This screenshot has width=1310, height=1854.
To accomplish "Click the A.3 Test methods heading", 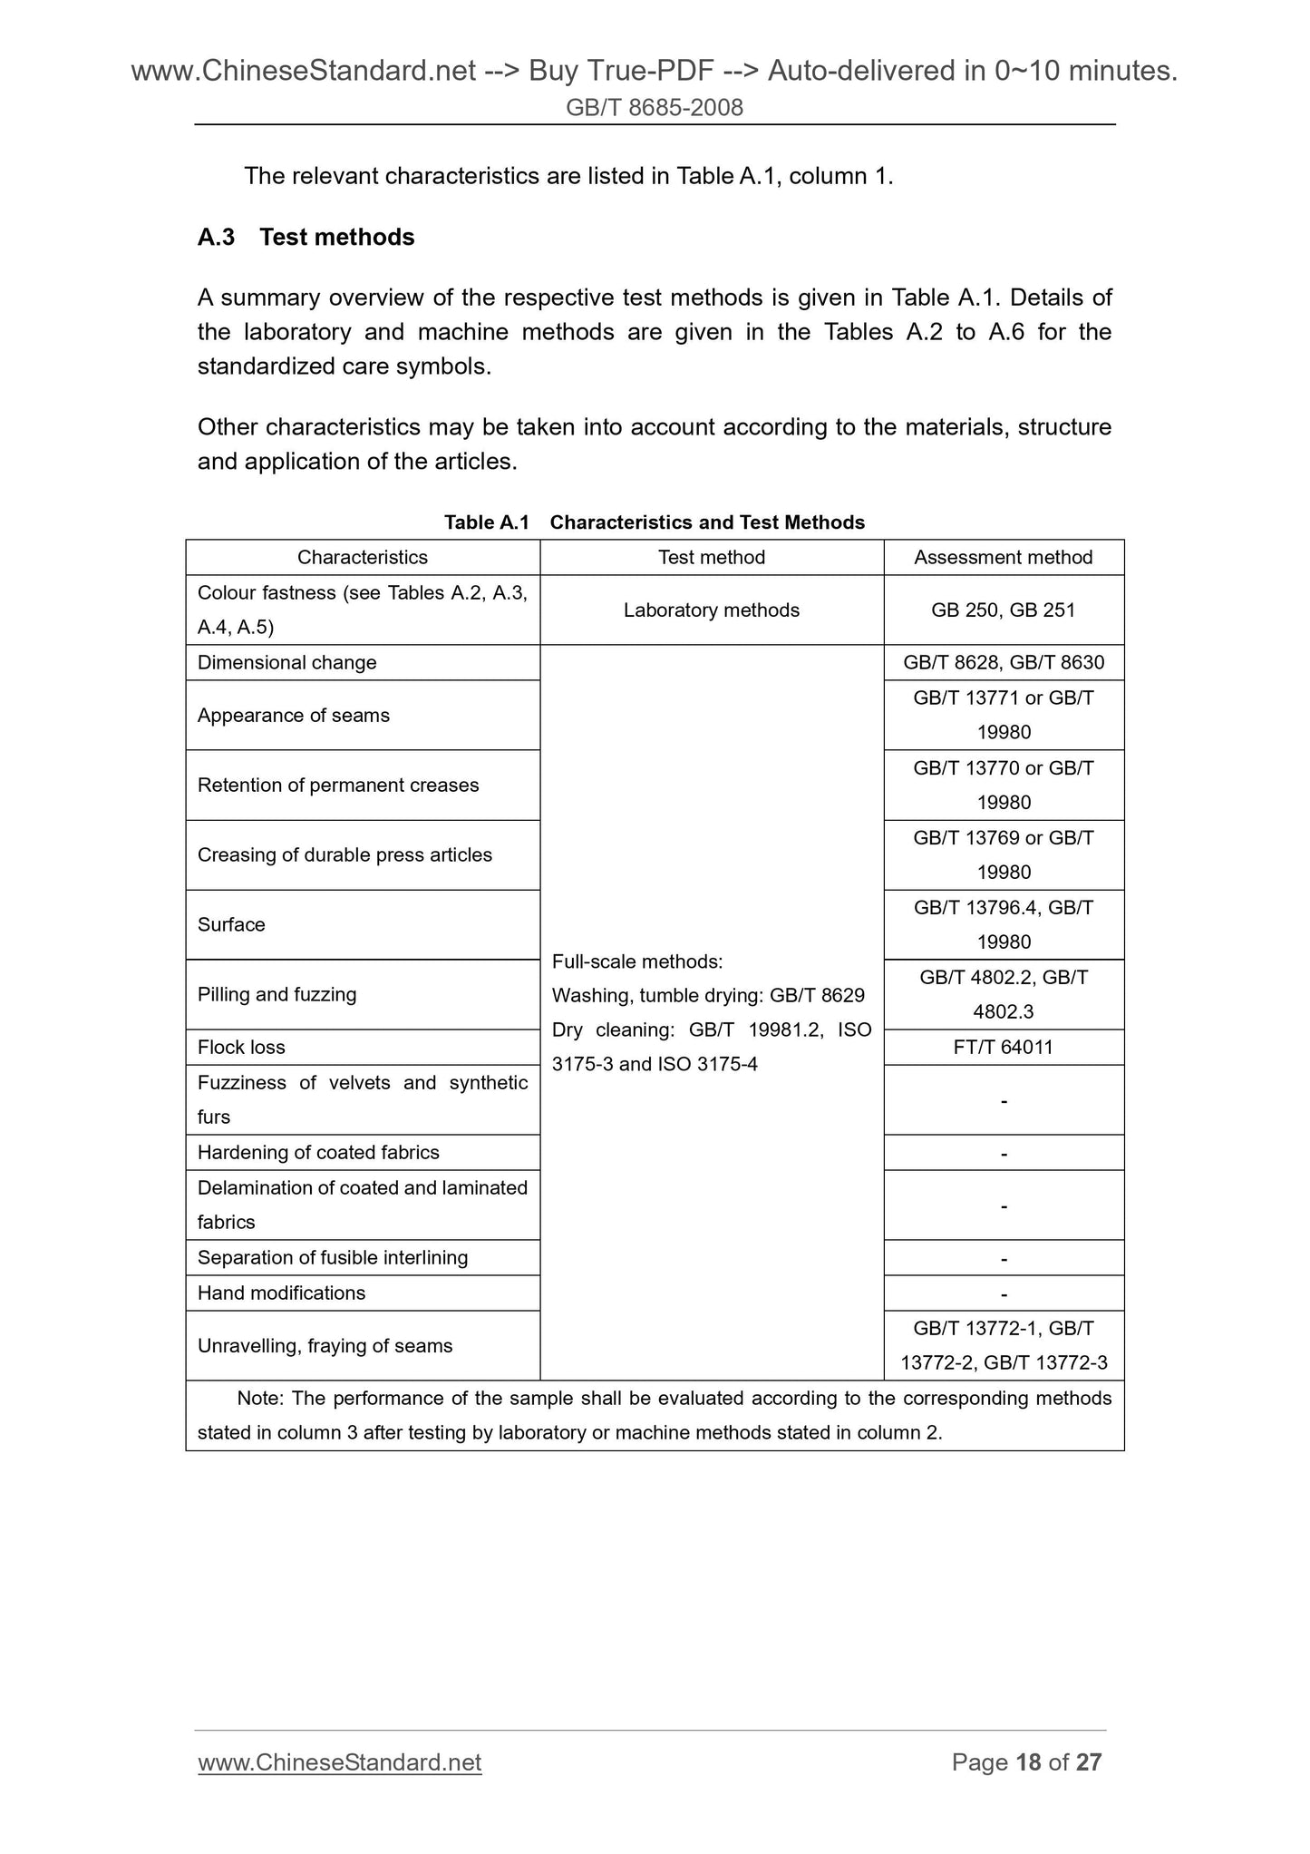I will coord(306,237).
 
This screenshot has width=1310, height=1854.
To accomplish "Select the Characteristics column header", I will coord(362,557).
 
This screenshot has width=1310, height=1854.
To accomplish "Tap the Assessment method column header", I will coord(1003,557).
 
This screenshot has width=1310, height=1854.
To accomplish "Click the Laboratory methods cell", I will coord(711,610).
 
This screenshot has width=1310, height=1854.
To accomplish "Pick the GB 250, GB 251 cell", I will coord(1003,610).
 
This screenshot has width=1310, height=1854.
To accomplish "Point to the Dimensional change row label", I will coord(286,662).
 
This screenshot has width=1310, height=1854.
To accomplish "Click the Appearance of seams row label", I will coord(293,715).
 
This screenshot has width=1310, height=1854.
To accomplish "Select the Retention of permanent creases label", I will coord(337,785).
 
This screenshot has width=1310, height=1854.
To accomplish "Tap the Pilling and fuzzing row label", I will coord(277,994).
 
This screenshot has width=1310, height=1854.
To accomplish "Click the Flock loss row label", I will coord(241,1047).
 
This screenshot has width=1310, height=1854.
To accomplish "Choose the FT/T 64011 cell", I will coord(1003,1047).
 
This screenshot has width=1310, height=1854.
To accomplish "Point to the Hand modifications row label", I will coord(281,1293).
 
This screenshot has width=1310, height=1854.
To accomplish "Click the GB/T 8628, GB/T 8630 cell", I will coord(1003,662).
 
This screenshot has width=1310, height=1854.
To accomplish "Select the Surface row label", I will coord(231,924).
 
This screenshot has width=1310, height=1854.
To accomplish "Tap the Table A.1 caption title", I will coord(654,522).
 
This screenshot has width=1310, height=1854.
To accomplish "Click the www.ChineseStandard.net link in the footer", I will coord(339,1761).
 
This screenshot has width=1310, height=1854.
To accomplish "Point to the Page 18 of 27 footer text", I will coord(1026,1761).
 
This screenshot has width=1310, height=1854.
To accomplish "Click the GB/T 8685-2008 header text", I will coord(654,108).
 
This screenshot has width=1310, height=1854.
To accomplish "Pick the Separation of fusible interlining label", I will coord(332,1257).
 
